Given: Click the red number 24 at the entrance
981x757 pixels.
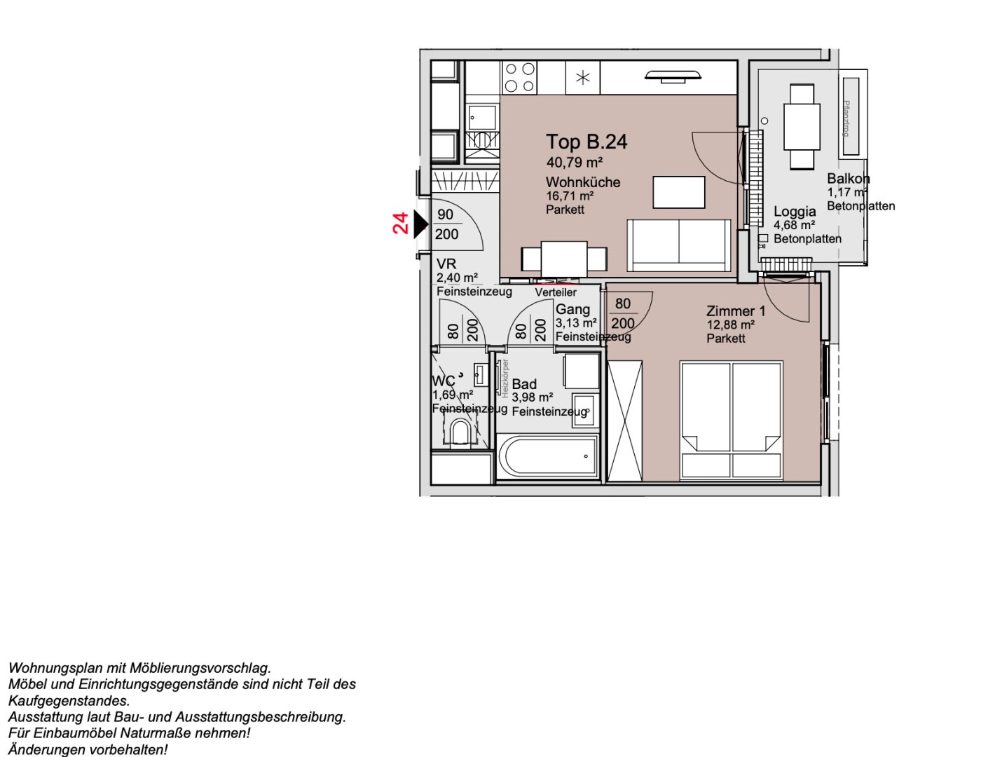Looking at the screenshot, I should pyautogui.click(x=400, y=224).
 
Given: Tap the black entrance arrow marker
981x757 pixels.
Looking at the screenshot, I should pyautogui.click(x=420, y=224).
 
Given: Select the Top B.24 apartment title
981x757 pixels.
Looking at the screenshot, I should pyautogui.click(x=586, y=142).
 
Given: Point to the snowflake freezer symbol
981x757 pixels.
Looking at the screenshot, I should pyautogui.click(x=583, y=78).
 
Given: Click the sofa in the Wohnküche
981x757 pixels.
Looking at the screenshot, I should pyautogui.click(x=678, y=245).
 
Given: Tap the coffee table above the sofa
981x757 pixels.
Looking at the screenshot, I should pyautogui.click(x=678, y=193).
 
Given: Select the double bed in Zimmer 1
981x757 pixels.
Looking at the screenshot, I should pyautogui.click(x=731, y=421).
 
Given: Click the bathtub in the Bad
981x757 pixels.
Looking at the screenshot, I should pyautogui.click(x=548, y=457).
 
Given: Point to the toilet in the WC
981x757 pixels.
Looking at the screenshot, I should pyautogui.click(x=460, y=432).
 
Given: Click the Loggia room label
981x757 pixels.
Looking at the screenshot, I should pyautogui.click(x=795, y=212).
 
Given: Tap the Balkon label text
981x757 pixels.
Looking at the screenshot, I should pyautogui.click(x=848, y=179).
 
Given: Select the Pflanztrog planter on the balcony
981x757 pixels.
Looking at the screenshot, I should pyautogui.click(x=850, y=107).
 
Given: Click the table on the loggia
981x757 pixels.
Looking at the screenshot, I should pyautogui.click(x=802, y=126).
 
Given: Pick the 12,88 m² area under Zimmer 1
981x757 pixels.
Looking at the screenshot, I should pyautogui.click(x=730, y=325).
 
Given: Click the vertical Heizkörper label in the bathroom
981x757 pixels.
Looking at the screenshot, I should pyautogui.click(x=505, y=378).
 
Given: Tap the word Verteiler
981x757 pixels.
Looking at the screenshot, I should pyautogui.click(x=556, y=292).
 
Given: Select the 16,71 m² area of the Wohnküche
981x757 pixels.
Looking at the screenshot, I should pyautogui.click(x=570, y=196).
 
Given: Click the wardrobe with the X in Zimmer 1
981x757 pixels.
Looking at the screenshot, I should pyautogui.click(x=624, y=421).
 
